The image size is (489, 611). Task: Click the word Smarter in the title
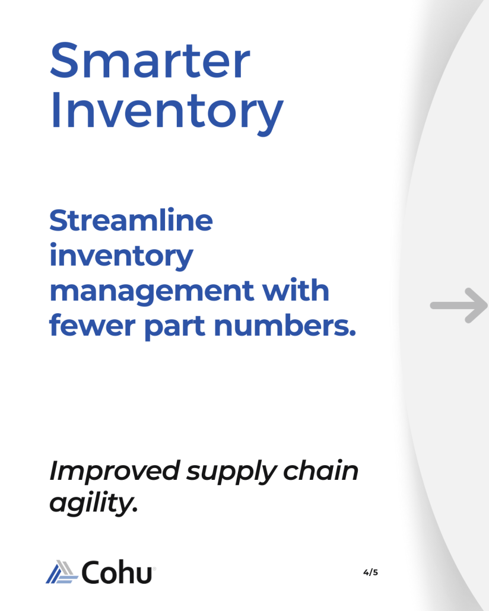click(150, 61)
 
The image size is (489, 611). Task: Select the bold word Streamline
click(131, 220)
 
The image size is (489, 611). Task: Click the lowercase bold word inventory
click(121, 256)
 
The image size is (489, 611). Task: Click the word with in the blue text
click(295, 290)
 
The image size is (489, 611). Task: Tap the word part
click(174, 326)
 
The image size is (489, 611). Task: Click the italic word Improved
click(115, 472)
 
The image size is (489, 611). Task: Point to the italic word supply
click(231, 473)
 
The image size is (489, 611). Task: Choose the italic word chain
click(320, 471)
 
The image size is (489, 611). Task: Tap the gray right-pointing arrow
click(459, 305)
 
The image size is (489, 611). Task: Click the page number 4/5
click(370, 572)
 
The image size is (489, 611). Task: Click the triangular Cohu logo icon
click(62, 572)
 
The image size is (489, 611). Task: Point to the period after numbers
click(353, 333)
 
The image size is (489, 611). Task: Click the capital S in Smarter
click(65, 61)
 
